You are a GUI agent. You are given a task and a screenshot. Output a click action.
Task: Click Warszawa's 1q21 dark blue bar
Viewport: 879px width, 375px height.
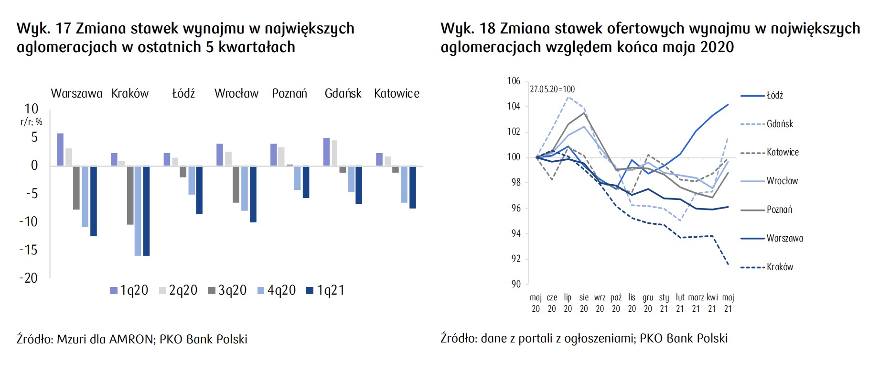coord(94,201)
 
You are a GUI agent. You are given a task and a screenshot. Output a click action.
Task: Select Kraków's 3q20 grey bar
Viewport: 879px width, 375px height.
coord(130,195)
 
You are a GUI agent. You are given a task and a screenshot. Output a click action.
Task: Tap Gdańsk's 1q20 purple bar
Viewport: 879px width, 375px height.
coord(326,152)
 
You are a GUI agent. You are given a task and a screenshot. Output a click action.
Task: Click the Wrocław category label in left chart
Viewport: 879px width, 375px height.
coord(236,93)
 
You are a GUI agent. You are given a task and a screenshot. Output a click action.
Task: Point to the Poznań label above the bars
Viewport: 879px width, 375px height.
coord(289,93)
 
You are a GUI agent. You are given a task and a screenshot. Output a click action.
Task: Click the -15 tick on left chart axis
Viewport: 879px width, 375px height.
coord(28,250)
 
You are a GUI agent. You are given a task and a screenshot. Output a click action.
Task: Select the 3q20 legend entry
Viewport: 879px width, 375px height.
coord(227,290)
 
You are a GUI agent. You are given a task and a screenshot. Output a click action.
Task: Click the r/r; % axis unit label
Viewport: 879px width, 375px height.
coord(32,122)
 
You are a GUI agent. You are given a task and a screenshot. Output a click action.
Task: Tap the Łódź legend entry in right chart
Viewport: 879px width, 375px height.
coord(774,96)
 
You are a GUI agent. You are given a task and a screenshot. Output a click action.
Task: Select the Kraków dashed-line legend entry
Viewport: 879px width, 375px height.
coord(780,267)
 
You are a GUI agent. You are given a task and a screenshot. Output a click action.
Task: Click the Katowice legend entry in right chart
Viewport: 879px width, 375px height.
coord(783,153)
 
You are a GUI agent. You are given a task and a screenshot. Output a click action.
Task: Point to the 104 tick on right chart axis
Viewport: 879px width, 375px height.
coord(514,106)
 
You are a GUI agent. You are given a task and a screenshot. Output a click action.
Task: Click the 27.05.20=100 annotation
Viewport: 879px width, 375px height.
coord(552,89)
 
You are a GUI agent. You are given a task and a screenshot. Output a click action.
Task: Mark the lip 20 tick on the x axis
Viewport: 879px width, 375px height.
coord(568,303)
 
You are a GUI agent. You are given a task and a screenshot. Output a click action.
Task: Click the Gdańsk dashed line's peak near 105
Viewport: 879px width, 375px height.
coord(568,97)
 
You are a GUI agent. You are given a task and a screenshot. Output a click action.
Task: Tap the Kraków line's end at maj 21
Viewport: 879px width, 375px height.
coord(728,265)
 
